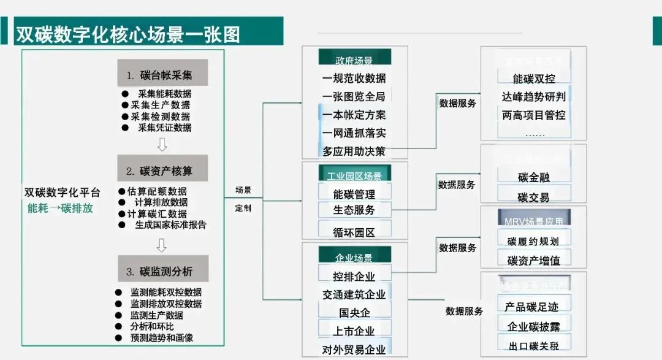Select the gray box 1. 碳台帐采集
pyautogui.click(x=162, y=75)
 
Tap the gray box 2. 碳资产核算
pyautogui.click(x=162, y=170)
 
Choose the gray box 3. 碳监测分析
pyautogui.click(x=162, y=271)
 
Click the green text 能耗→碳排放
pyautogui.click(x=60, y=207)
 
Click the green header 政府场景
pyautogui.click(x=354, y=59)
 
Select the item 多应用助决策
pyautogui.click(x=354, y=151)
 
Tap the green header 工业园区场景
pyautogui.click(x=354, y=175)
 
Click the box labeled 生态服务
pyautogui.click(x=354, y=210)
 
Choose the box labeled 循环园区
pyautogui.click(x=354, y=232)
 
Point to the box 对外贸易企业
pyautogui.click(x=354, y=350)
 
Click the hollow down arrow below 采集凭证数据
pyautogui.click(x=162, y=145)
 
